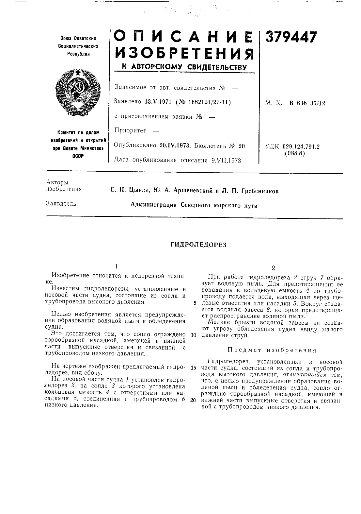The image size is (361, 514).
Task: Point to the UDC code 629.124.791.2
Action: [x=301, y=146]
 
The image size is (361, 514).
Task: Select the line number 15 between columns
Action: [x=193, y=368]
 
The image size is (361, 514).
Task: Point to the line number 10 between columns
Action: [x=193, y=335]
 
